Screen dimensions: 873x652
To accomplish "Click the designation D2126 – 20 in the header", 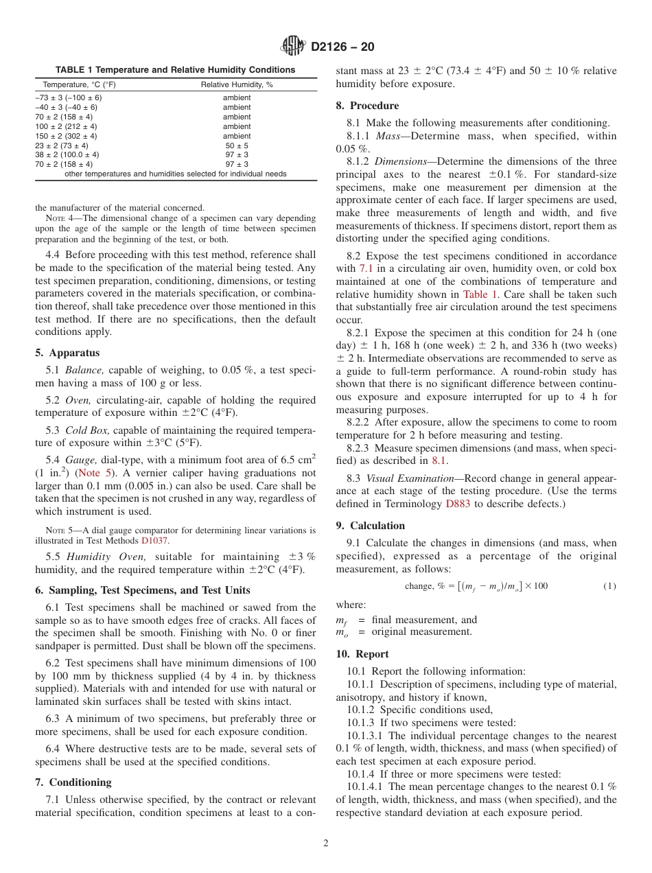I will coord(342,47).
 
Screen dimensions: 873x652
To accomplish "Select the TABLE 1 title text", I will coord(175,70).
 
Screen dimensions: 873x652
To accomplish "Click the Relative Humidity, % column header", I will coord(237,84).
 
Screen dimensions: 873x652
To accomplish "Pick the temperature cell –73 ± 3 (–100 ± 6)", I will coord(69,97).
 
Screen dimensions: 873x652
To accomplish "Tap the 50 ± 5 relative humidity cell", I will coord(237,145).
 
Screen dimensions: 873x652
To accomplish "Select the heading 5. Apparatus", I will coord(67,353).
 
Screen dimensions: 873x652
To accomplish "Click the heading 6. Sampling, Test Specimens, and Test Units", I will coord(142,590).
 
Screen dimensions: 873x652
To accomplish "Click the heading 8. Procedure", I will coord(367,106).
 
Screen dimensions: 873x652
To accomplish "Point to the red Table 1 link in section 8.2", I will coord(476,294).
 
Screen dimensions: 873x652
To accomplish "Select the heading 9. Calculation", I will coord(371,526).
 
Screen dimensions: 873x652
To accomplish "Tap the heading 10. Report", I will coord(362,654).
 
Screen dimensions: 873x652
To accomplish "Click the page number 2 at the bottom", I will coord(326,843).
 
